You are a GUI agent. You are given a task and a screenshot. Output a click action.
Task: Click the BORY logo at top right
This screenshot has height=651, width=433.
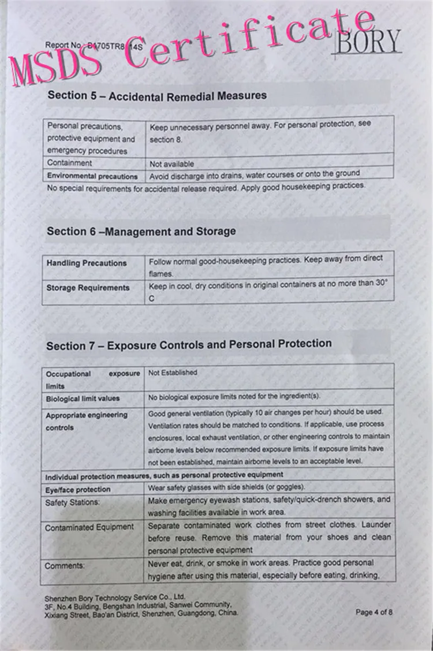click(x=368, y=41)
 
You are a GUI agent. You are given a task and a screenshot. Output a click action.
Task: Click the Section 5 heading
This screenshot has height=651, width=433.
click(x=156, y=95)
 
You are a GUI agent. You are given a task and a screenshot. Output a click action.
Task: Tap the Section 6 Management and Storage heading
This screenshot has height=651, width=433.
click(x=141, y=231)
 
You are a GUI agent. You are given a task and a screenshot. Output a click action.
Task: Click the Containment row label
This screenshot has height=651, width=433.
click(x=69, y=163)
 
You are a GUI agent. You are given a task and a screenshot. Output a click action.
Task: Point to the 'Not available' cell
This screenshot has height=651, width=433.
click(x=171, y=164)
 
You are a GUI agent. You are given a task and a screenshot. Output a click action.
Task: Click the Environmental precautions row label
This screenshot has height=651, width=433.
click(x=92, y=176)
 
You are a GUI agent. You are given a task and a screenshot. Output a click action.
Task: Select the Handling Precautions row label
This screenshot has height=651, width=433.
click(x=87, y=263)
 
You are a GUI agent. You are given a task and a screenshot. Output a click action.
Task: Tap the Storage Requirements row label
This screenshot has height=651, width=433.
click(x=88, y=288)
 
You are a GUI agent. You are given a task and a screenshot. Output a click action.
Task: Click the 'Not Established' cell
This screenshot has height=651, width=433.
click(x=173, y=373)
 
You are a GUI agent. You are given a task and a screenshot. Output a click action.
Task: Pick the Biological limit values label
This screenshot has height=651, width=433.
click(x=83, y=399)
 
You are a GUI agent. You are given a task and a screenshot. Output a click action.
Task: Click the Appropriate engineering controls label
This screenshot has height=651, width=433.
click(x=87, y=421)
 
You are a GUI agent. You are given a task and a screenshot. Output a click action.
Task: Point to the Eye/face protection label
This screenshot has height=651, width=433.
click(x=78, y=489)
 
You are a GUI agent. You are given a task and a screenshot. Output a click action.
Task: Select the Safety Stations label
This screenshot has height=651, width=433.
click(x=72, y=503)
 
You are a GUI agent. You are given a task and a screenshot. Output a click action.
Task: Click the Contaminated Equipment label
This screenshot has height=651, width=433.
click(x=89, y=527)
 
